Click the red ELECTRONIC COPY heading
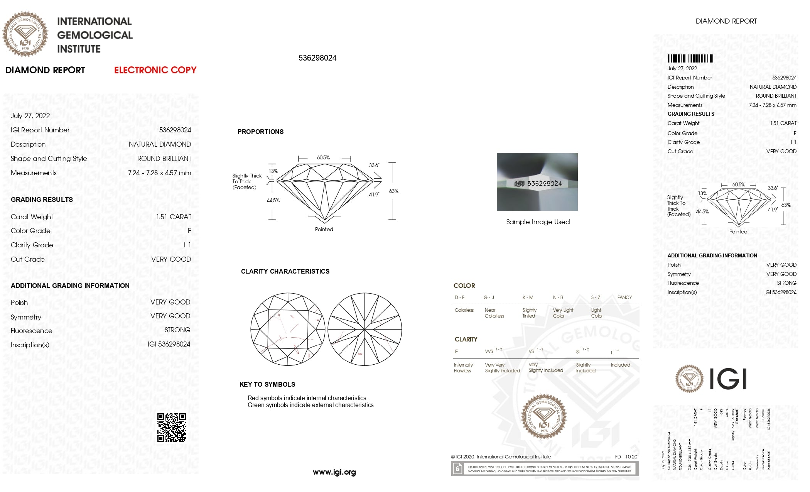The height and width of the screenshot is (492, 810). [155, 70]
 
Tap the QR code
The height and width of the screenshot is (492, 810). [172, 428]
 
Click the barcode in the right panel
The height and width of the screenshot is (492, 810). [690, 59]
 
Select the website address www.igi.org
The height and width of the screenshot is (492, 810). [334, 472]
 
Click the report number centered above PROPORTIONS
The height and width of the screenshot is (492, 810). [317, 58]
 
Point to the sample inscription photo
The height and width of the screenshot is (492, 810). [537, 182]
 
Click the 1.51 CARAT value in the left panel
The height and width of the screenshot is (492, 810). [174, 217]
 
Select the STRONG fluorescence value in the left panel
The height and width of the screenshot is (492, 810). [177, 330]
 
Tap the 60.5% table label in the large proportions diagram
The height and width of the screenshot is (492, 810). [323, 157]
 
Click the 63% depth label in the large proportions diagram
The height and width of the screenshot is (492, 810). [393, 191]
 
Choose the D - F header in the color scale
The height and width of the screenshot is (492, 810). [459, 298]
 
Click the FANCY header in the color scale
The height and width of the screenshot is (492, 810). [624, 298]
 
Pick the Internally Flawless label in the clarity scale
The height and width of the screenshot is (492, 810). [463, 368]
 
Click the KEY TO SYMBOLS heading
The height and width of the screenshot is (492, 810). [267, 384]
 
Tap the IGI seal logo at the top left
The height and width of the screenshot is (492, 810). [25, 34]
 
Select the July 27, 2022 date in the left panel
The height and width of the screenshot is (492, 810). [30, 116]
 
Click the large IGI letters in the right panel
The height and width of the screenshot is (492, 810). [728, 379]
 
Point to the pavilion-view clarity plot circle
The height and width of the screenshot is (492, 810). [364, 329]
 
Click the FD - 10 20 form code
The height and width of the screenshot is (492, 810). [626, 457]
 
